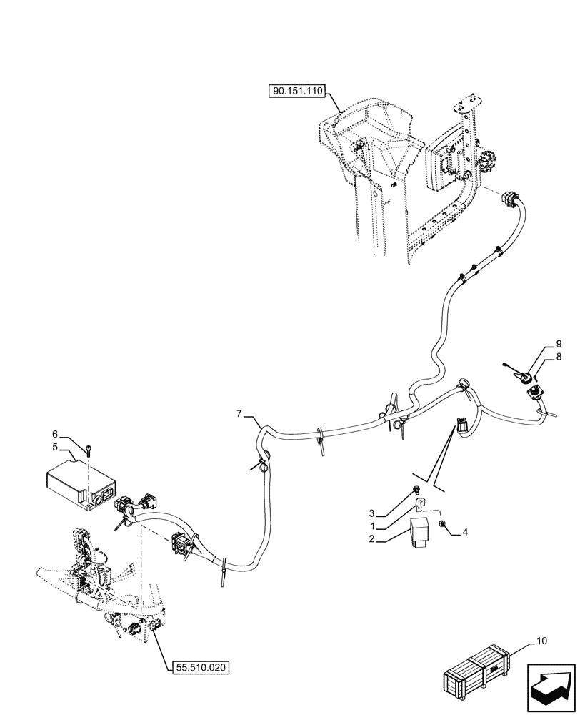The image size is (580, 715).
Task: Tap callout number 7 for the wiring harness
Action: point(240,414)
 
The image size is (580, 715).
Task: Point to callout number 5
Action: point(54,447)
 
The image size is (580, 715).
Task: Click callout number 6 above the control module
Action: point(54,433)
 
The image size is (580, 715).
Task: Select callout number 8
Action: point(559,355)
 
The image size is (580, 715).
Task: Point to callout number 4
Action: point(465,531)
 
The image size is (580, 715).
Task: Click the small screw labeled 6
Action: point(88,450)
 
